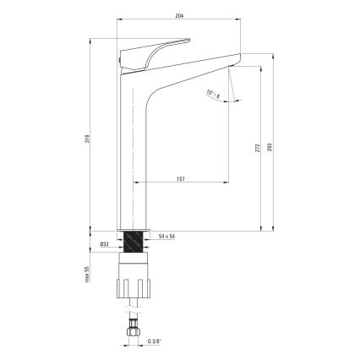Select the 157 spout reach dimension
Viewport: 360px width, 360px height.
click(x=180, y=179)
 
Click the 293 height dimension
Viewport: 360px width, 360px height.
click(x=270, y=146)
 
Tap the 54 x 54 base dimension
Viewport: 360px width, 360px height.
click(x=166, y=236)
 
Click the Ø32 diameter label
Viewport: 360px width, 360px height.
click(x=104, y=244)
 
